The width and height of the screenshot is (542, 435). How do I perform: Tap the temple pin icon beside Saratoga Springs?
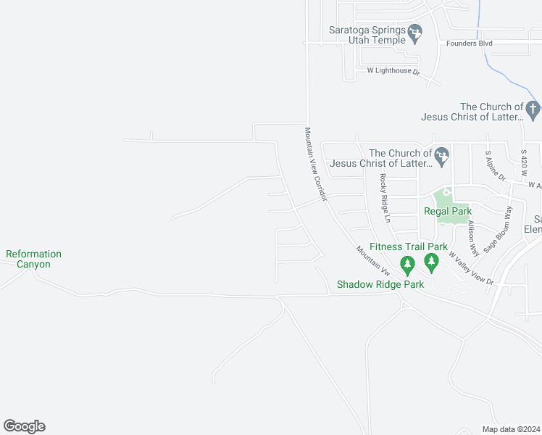415,33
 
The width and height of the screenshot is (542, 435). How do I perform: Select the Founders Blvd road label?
470,43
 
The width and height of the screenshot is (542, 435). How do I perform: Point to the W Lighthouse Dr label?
393,71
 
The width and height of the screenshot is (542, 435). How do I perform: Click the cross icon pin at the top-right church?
533,111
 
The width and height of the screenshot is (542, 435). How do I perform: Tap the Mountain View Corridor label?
317,165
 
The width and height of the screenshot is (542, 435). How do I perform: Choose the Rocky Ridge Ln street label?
385,198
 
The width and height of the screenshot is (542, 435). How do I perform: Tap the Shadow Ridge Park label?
380,284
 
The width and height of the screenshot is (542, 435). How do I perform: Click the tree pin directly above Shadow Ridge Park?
406,264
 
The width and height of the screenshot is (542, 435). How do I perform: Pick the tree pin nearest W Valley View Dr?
432,262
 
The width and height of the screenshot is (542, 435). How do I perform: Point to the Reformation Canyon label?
33,259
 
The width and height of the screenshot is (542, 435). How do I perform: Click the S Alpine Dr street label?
495,166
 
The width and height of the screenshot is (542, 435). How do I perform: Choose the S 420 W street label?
523,164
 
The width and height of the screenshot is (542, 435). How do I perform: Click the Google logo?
24,426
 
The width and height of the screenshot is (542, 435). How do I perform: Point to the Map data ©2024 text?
511,429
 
